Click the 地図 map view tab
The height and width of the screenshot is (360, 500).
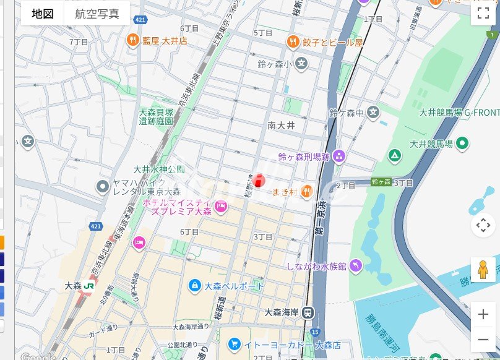43,14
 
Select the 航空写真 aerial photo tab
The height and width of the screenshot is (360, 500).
97,14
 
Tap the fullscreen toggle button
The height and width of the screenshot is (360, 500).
483,14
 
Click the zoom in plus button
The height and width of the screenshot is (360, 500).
483,314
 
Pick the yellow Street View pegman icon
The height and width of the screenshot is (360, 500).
483,270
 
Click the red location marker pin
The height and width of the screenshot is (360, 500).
259,180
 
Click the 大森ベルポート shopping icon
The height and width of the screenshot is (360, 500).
195,286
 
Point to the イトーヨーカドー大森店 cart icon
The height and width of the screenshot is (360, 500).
234,343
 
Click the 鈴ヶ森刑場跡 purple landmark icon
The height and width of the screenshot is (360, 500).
338,156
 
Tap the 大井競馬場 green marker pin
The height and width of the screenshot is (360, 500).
462,144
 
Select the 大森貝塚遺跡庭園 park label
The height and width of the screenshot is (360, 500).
155,117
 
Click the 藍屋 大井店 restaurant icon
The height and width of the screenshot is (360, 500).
132,41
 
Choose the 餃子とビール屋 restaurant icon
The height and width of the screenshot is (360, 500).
293,42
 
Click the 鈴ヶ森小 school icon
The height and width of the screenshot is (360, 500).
301,63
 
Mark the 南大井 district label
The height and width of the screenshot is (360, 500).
281,126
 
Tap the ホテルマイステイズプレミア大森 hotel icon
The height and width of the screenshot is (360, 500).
221,205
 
